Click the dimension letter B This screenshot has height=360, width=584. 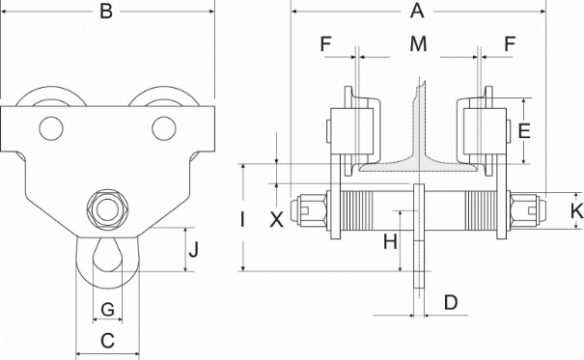(x=106, y=12)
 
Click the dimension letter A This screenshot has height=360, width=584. (x=417, y=11)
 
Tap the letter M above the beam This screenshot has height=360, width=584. (x=418, y=44)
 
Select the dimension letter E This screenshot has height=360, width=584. (x=524, y=131)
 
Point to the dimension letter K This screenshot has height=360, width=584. (x=577, y=211)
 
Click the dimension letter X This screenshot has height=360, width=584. (x=276, y=220)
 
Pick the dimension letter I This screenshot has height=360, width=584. (x=242, y=219)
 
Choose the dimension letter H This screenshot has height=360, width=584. (x=390, y=241)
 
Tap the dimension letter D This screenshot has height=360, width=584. (x=451, y=302)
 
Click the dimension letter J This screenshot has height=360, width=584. (x=194, y=249)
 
